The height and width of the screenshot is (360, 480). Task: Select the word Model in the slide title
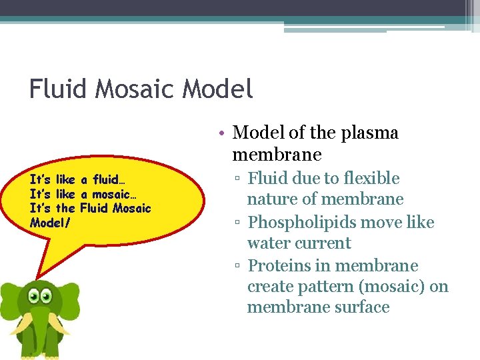[217, 89]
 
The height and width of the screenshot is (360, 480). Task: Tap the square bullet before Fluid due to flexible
[237, 179]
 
